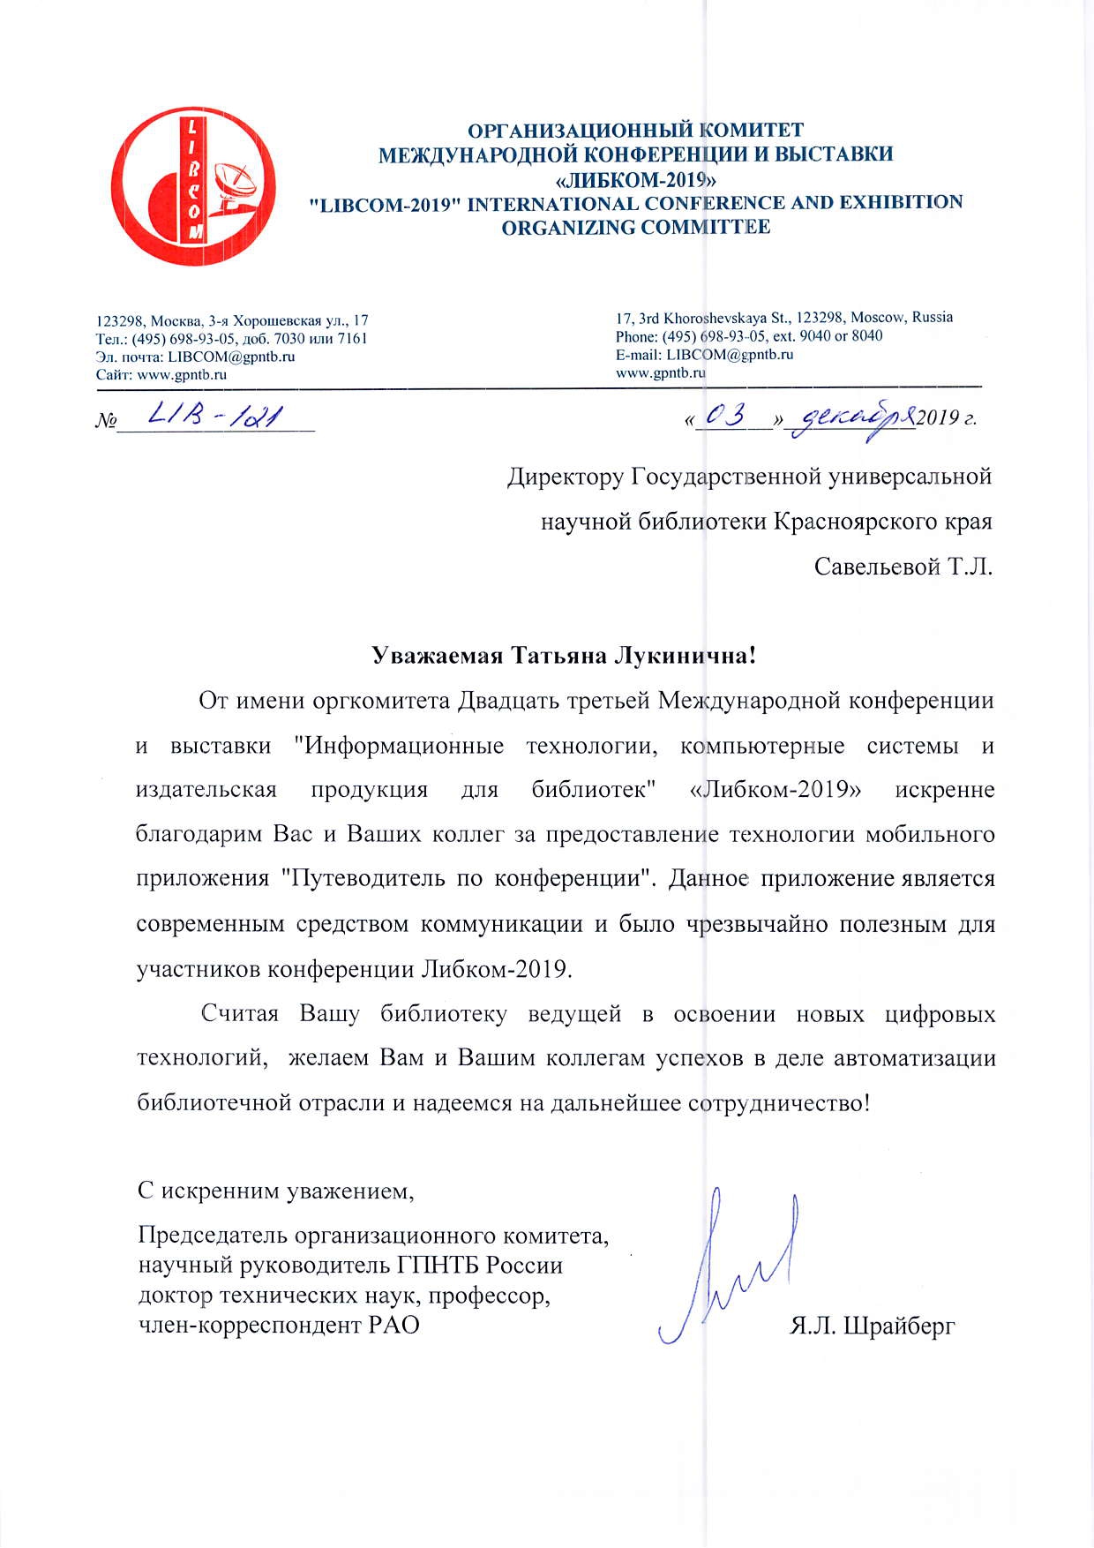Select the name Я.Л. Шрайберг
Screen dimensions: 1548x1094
(x=873, y=1326)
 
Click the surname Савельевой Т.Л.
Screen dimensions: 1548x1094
(x=903, y=566)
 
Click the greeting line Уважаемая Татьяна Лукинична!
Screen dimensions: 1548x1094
(x=564, y=656)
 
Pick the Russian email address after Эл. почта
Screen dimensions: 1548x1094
(x=231, y=357)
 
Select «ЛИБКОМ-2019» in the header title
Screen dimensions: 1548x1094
(x=634, y=179)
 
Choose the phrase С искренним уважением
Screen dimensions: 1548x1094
(x=276, y=1191)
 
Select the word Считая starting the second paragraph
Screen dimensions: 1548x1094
(x=240, y=1013)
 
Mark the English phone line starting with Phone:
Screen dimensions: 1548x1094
(x=748, y=336)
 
